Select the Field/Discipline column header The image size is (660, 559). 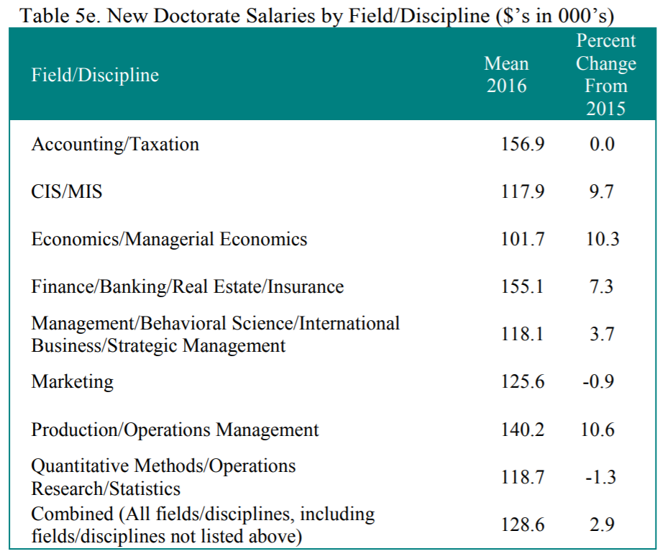(x=95, y=76)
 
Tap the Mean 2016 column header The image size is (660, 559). (x=506, y=76)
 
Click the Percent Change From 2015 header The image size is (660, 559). (x=605, y=75)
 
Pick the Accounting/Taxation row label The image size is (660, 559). (x=115, y=144)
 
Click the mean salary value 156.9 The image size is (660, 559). (x=522, y=144)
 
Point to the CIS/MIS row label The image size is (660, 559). (x=67, y=192)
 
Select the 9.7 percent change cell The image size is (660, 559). (x=601, y=192)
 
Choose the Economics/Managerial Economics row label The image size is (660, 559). (x=169, y=240)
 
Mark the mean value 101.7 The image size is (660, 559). (x=522, y=240)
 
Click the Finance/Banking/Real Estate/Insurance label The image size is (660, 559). (x=187, y=287)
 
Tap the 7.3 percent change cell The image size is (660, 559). (x=601, y=287)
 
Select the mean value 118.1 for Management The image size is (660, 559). (x=522, y=335)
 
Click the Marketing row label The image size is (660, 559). (x=72, y=382)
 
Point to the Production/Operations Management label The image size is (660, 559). (x=175, y=430)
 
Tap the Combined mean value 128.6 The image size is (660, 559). (x=522, y=525)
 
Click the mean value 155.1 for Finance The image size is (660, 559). (x=522, y=287)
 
